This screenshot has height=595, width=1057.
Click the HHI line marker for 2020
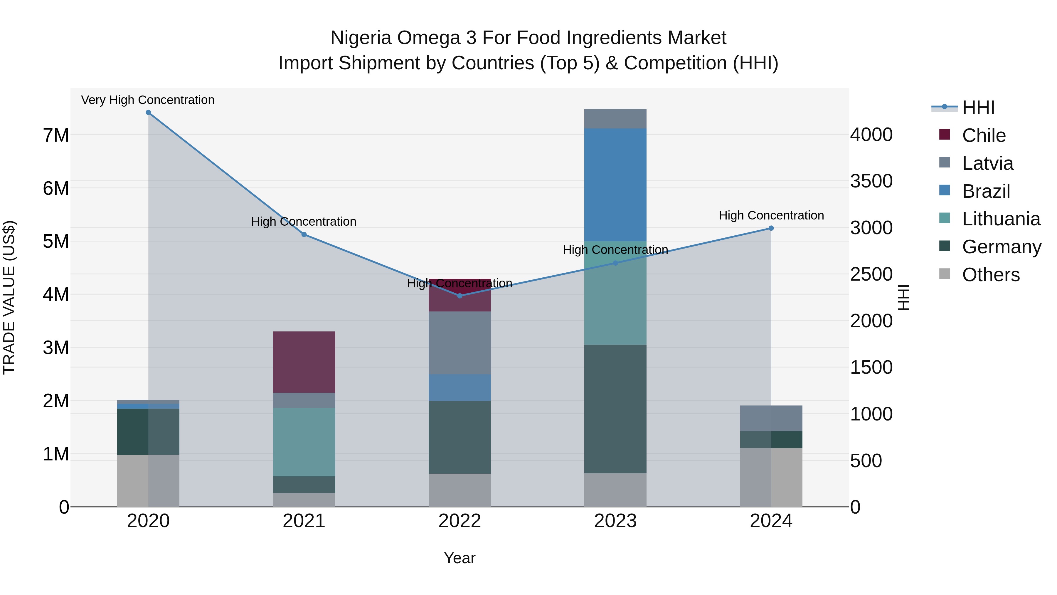point(148,113)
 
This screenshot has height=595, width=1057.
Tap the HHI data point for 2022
point(460,296)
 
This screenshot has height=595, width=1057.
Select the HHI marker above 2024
point(771,228)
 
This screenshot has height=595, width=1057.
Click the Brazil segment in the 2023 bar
point(615,185)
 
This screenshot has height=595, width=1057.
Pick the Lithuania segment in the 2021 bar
point(304,442)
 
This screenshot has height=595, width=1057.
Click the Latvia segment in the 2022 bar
point(460,343)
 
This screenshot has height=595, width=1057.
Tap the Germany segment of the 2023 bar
point(615,409)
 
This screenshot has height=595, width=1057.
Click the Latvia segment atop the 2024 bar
point(771,418)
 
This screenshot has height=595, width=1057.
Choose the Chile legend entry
point(984,135)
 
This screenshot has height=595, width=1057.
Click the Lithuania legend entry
point(1001,219)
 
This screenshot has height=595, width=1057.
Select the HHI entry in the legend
point(978,108)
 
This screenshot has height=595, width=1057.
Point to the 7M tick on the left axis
point(56,135)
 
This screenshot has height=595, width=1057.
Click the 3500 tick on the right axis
point(871,181)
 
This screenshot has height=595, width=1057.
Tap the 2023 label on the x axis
point(615,521)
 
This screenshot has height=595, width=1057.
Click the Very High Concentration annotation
point(148,100)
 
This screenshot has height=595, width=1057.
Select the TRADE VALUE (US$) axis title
point(9,297)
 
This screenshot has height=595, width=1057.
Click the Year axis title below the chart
point(460,558)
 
